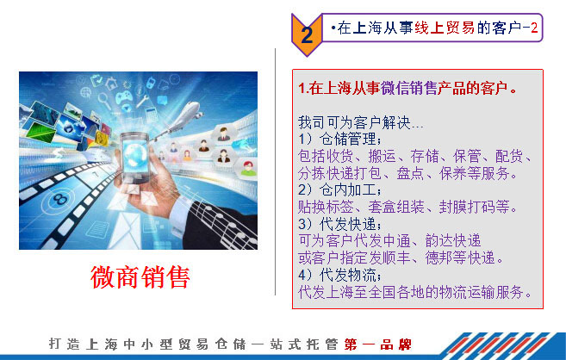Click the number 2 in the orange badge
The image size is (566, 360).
(x=307, y=35)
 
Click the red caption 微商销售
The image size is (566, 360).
(x=140, y=277)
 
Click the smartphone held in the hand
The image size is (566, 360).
(x=134, y=157)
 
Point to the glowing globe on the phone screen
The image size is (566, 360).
(x=134, y=154)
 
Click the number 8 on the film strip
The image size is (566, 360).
(x=60, y=199)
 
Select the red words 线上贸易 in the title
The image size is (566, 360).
(x=445, y=28)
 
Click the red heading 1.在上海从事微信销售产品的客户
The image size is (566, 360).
(x=407, y=89)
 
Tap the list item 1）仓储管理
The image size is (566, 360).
(x=339, y=139)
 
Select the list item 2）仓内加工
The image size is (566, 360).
(x=339, y=189)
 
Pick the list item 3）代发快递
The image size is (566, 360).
(x=339, y=224)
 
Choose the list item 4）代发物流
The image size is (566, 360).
(x=339, y=276)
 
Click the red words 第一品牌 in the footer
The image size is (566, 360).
(x=377, y=344)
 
